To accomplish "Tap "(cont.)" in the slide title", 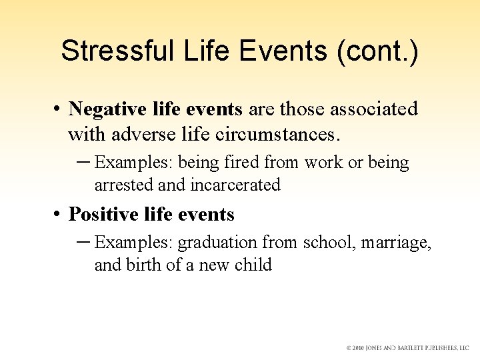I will click(378, 51).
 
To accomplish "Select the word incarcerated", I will click(236, 185).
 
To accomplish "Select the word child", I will click(253, 265).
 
